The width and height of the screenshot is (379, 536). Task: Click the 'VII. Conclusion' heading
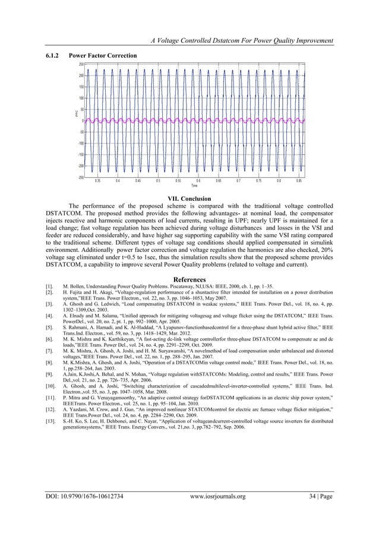[190, 198]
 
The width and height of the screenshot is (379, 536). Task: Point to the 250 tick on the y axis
[80, 64]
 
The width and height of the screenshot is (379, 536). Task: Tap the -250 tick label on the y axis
[80, 177]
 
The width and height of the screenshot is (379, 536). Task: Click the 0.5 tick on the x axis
[158, 181]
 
